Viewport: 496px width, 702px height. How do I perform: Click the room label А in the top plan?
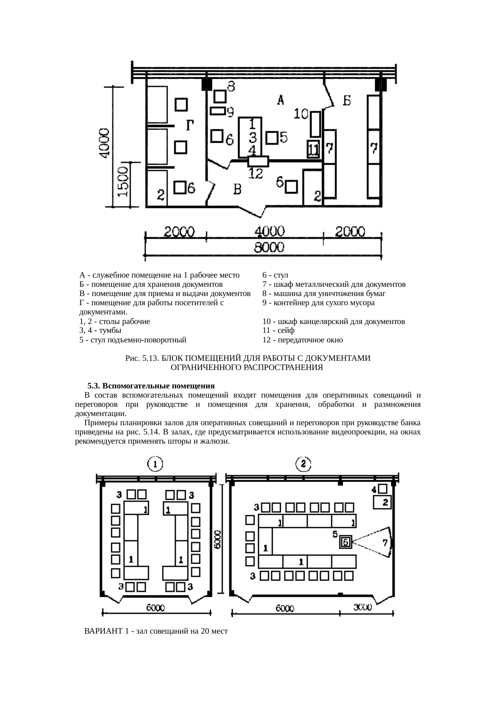click(281, 99)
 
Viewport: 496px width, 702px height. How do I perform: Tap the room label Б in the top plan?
click(346, 100)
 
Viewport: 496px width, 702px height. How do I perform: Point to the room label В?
click(237, 189)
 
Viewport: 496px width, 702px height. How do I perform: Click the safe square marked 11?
click(313, 150)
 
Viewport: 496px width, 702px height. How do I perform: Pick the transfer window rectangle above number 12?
click(258, 161)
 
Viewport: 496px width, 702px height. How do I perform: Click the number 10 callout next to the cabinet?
click(301, 114)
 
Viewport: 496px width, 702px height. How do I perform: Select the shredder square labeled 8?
click(220, 96)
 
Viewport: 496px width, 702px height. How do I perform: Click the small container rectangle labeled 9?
click(218, 110)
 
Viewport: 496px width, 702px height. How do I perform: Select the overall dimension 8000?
click(269, 248)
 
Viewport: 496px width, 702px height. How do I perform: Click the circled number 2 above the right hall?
click(303, 464)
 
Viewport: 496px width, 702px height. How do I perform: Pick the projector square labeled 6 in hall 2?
click(346, 542)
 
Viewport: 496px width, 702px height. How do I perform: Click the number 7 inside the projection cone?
click(385, 542)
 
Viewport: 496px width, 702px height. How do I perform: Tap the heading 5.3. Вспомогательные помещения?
click(151, 386)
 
